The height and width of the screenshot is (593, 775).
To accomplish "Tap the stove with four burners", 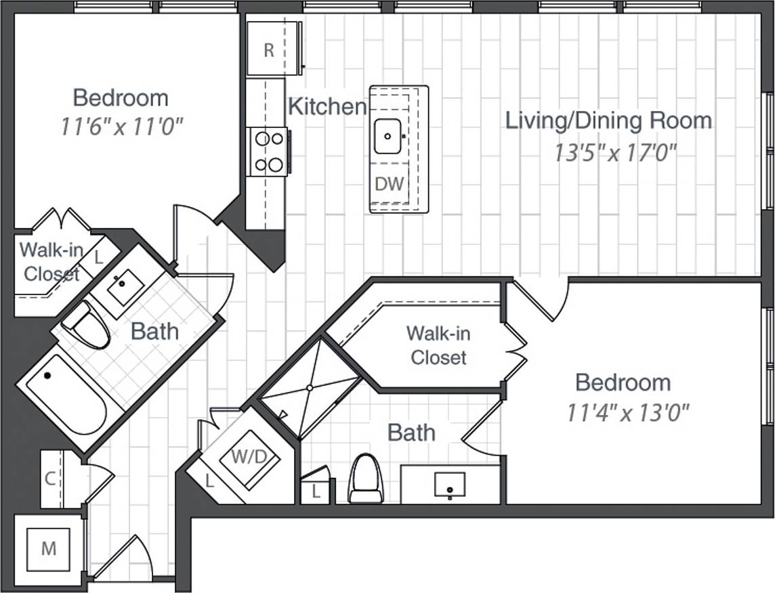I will click(268, 152).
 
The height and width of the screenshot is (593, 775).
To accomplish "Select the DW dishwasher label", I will click(390, 183).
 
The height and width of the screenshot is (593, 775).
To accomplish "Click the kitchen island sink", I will click(388, 136).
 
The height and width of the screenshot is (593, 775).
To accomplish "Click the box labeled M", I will click(48, 548).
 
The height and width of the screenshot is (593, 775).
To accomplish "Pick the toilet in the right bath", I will click(366, 478).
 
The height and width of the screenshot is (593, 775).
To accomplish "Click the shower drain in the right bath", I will click(309, 388).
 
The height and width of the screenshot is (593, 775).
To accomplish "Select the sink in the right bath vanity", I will click(449, 485).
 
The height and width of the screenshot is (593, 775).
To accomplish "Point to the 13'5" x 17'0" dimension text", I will click(615, 154).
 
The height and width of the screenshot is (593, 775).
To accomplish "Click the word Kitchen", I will click(327, 106).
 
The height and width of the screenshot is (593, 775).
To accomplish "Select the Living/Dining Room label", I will click(608, 120).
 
